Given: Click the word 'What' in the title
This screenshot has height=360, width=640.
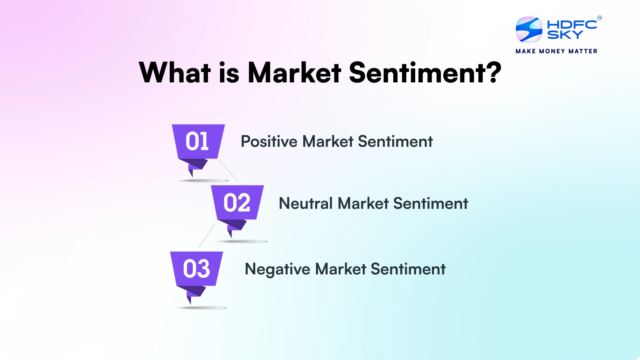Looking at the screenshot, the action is [x=175, y=72].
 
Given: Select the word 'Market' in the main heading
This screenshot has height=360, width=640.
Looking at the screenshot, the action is [x=294, y=72].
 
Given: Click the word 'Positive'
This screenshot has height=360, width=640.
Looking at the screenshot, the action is [x=269, y=142].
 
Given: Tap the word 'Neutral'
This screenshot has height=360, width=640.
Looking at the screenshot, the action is [x=306, y=204].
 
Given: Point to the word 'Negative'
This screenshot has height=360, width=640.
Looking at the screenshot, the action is [x=278, y=270].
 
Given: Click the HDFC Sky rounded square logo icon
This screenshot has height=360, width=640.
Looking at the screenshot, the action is [x=529, y=30].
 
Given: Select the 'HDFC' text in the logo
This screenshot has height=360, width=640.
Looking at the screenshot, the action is [x=572, y=25].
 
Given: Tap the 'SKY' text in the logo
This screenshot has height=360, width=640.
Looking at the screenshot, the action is [x=565, y=34].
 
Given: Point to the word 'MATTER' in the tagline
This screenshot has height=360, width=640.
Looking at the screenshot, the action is [x=583, y=52].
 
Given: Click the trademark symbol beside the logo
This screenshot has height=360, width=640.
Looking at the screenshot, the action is [x=600, y=18].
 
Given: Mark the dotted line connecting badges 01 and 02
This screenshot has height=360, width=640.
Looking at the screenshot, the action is [x=228, y=171].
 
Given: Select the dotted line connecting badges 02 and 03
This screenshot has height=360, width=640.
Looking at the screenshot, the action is [x=207, y=236].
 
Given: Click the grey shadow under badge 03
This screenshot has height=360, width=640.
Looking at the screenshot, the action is [x=202, y=308].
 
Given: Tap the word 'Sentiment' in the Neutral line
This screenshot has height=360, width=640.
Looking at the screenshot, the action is [x=430, y=204].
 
